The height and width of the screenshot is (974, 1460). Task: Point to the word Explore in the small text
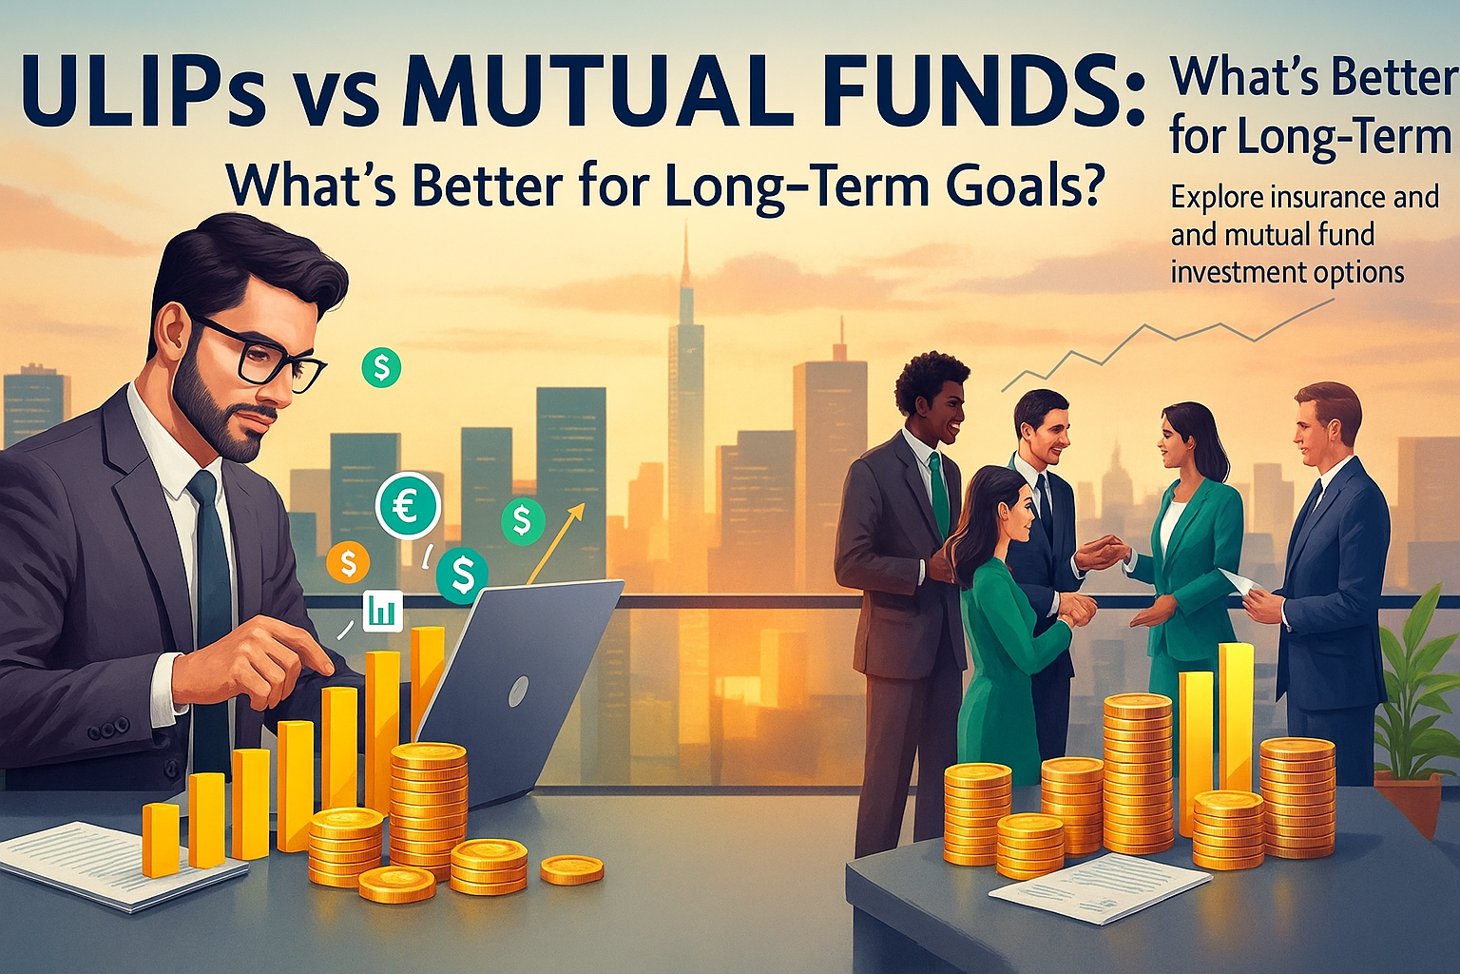(1215, 198)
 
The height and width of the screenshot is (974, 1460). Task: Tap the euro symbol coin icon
(408, 505)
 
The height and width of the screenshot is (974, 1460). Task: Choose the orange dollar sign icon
(348, 562)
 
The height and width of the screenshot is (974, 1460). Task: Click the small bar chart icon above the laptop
(382, 610)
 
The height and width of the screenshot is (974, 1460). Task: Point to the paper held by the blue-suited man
(1235, 581)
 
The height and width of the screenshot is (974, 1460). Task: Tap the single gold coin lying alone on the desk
(571, 868)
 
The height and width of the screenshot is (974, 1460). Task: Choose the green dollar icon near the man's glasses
(381, 367)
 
